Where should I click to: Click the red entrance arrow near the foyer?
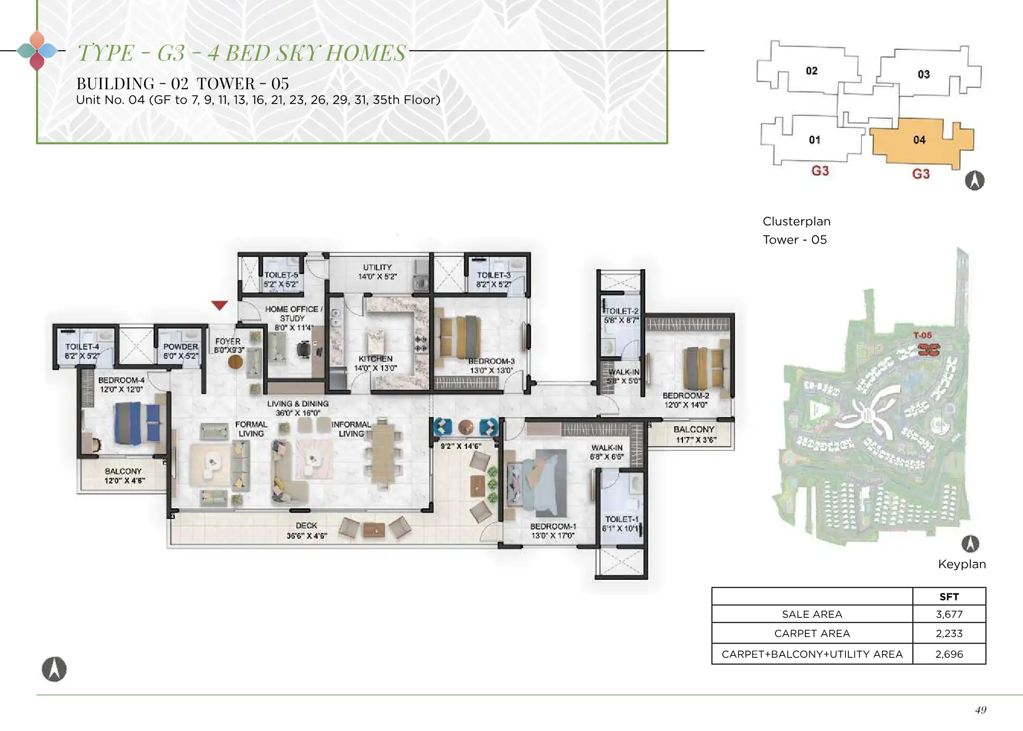pos(219,305)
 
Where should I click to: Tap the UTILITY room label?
pos(378,267)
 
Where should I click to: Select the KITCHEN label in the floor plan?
pos(376,359)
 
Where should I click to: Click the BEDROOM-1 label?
pos(553,526)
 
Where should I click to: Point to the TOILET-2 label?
pos(622,311)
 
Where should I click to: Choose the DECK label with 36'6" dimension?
pos(306,526)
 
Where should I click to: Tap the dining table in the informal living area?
pos(383,453)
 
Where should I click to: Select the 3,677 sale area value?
pos(949,614)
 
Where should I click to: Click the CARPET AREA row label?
pos(812,634)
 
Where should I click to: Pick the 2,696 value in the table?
pos(949,654)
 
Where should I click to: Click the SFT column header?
pos(949,597)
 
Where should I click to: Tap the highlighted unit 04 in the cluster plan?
pos(919,141)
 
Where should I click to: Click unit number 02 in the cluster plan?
pos(812,71)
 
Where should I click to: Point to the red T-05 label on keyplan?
pos(923,335)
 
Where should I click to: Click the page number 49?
pos(980,710)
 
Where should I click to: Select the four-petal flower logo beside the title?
pos(37,51)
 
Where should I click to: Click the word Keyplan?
pos(962,564)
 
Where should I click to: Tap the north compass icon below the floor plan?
pos(54,669)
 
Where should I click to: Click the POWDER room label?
pos(181,347)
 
